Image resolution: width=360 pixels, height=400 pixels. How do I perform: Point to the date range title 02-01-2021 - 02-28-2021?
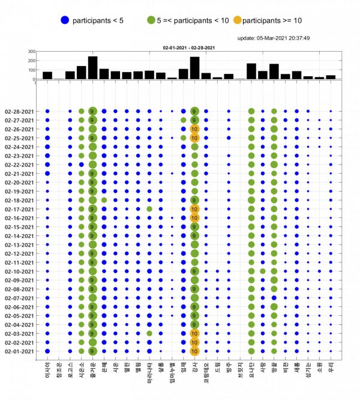(187, 47)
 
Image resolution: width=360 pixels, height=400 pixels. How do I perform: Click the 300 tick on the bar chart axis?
(30, 52)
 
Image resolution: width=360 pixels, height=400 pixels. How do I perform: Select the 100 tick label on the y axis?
(30, 70)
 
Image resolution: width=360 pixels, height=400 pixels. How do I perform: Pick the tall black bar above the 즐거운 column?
(92, 68)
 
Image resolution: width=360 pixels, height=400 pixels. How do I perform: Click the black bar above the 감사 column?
(194, 68)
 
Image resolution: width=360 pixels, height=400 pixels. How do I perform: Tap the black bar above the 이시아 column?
(47, 75)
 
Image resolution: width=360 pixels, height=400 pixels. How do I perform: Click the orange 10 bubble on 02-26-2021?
(194, 129)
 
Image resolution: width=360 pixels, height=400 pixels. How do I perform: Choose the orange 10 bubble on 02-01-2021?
(194, 351)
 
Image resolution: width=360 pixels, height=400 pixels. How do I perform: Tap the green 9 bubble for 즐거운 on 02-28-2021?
(92, 111)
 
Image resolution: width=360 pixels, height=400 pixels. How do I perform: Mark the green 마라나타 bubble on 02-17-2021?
(149, 209)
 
